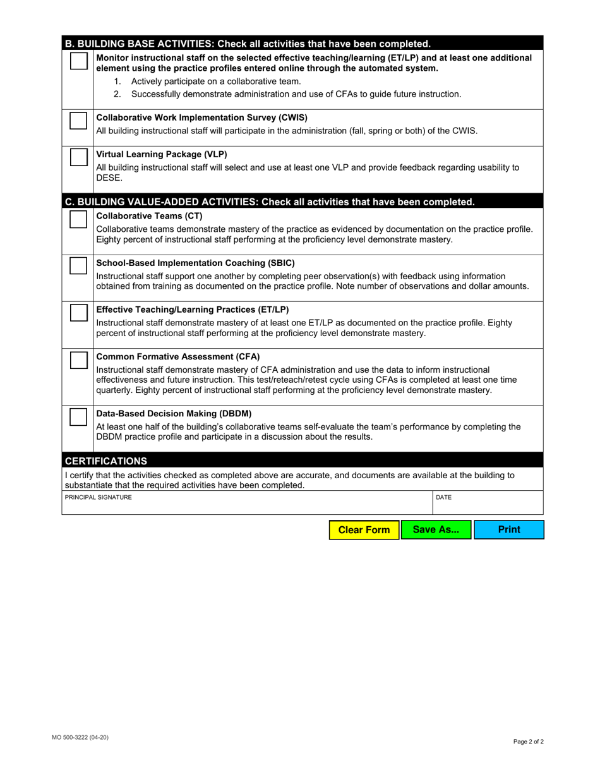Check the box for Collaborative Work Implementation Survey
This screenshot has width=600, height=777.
(x=78, y=121)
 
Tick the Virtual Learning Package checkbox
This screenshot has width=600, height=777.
(x=78, y=157)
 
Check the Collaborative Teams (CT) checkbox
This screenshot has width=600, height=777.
(x=78, y=219)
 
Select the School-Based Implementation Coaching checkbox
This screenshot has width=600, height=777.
(x=78, y=266)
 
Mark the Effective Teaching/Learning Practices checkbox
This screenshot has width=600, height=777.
(x=78, y=313)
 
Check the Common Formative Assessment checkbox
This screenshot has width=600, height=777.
(x=78, y=360)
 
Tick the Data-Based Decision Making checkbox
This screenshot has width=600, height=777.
(x=78, y=417)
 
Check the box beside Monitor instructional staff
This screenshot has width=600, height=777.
(x=78, y=61)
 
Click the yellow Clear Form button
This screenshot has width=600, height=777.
(x=364, y=530)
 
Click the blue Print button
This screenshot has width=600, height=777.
(x=509, y=530)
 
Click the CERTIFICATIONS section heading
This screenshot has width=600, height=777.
(x=106, y=461)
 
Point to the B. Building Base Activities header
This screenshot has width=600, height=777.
(x=248, y=44)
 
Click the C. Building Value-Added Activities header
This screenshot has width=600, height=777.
(x=270, y=202)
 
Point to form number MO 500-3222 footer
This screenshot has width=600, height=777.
(x=80, y=737)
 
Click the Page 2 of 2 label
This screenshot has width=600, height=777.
(x=528, y=742)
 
